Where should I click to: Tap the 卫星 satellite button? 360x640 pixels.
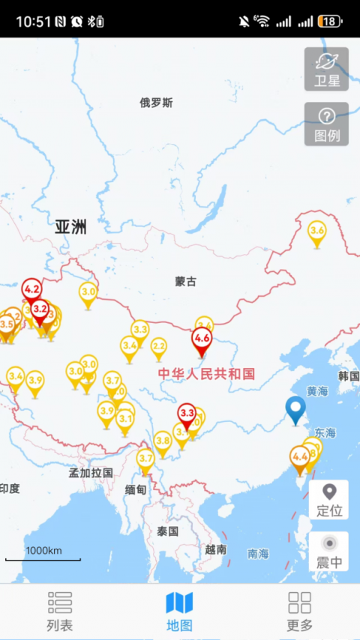click(x=326, y=69)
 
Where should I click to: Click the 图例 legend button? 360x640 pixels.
click(x=326, y=124)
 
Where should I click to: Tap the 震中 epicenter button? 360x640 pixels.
click(x=328, y=552)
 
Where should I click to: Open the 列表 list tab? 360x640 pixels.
click(x=59, y=612)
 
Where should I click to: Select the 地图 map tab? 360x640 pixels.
click(x=179, y=612)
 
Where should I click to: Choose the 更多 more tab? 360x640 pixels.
click(x=299, y=612)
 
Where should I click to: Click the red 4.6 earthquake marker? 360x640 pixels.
click(x=202, y=339)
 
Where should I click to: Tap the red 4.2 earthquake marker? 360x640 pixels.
click(x=31, y=289)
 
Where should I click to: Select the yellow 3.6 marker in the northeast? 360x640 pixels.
click(x=317, y=232)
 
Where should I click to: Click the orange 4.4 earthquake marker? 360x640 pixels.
click(x=300, y=456)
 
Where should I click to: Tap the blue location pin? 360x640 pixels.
click(x=296, y=409)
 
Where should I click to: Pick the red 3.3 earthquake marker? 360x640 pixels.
click(x=187, y=414)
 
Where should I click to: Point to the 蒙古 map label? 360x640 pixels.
click(x=186, y=282)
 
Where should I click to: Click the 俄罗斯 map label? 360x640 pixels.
click(x=156, y=103)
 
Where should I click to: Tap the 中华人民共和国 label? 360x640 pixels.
click(x=206, y=373)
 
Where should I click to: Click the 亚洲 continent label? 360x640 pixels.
click(x=70, y=227)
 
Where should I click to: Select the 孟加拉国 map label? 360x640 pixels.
click(x=91, y=473)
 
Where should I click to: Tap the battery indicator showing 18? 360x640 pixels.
click(x=330, y=21)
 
